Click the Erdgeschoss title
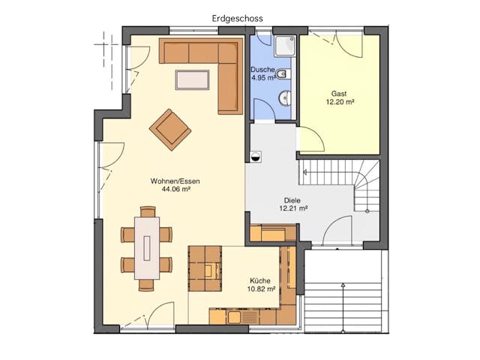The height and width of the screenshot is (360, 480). click(x=237, y=19)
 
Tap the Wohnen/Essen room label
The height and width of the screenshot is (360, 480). click(x=175, y=181)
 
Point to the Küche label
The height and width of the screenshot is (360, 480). click(x=260, y=280)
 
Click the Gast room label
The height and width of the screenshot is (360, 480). click(x=339, y=94)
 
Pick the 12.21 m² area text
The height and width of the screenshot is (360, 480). click(x=293, y=208)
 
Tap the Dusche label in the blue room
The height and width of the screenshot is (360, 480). click(x=262, y=70)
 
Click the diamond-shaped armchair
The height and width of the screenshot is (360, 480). click(x=170, y=130)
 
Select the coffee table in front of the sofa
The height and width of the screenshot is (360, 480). click(x=192, y=80)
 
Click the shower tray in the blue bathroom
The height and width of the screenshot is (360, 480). click(x=285, y=46)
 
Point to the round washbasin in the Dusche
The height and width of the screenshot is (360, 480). click(x=285, y=98)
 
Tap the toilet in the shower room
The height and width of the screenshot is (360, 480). click(x=283, y=73)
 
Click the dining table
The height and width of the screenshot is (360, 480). click(x=147, y=248)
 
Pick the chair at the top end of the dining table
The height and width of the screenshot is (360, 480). click(x=148, y=211)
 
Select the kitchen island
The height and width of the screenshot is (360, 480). click(x=205, y=268)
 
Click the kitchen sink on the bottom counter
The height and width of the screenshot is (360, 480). click(x=234, y=316)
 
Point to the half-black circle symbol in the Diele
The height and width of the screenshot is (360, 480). click(x=256, y=157)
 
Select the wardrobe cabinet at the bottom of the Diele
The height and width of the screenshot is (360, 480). click(x=273, y=233)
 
